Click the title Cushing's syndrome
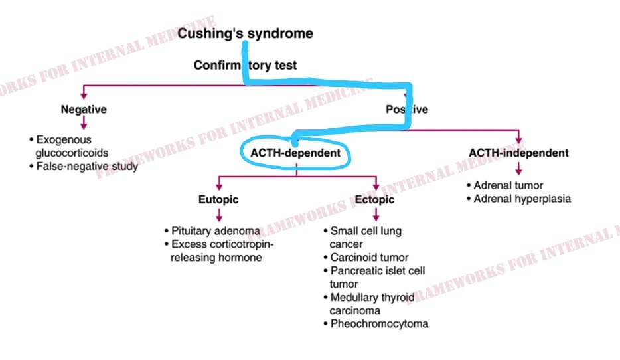click(245, 33)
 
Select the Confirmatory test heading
click(245, 66)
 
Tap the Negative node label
click(84, 110)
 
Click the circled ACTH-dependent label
click(295, 153)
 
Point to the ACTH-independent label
click(518, 153)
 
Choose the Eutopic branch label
click(218, 199)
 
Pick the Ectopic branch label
click(374, 199)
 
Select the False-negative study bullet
click(86, 166)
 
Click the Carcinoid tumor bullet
click(369, 257)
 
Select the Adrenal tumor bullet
click(508, 185)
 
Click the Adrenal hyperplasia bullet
click(522, 199)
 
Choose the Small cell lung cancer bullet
click(366, 238)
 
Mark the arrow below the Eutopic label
click(218, 215)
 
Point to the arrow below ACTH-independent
click(518, 169)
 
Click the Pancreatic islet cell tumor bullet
click(377, 277)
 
